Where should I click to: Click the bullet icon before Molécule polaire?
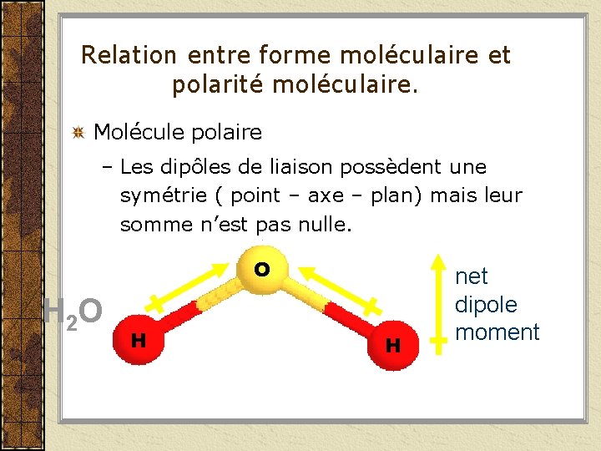tap(78, 132)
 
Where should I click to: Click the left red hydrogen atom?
tap(139, 338)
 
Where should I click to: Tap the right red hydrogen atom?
tap(391, 343)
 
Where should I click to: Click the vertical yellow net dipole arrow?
tap(437, 301)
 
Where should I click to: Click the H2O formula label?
tap(73, 312)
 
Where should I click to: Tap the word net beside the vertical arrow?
tap(472, 276)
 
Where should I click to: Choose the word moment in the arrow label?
tap(497, 332)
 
